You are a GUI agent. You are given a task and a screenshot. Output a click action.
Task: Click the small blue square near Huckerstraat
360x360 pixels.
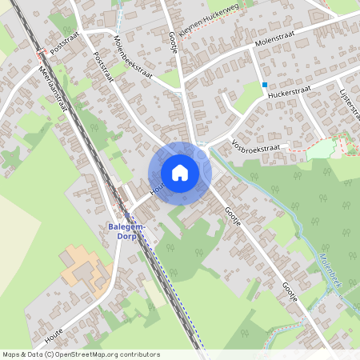pos(264,83)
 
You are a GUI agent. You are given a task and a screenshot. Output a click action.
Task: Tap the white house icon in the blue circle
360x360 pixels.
pos(180,173)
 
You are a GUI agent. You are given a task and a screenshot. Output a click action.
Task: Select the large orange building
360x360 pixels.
pos(83,267)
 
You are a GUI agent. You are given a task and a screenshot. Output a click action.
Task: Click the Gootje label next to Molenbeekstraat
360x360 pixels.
pos(172,38)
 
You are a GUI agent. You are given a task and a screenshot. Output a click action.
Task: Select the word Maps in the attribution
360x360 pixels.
pos(12,354)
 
